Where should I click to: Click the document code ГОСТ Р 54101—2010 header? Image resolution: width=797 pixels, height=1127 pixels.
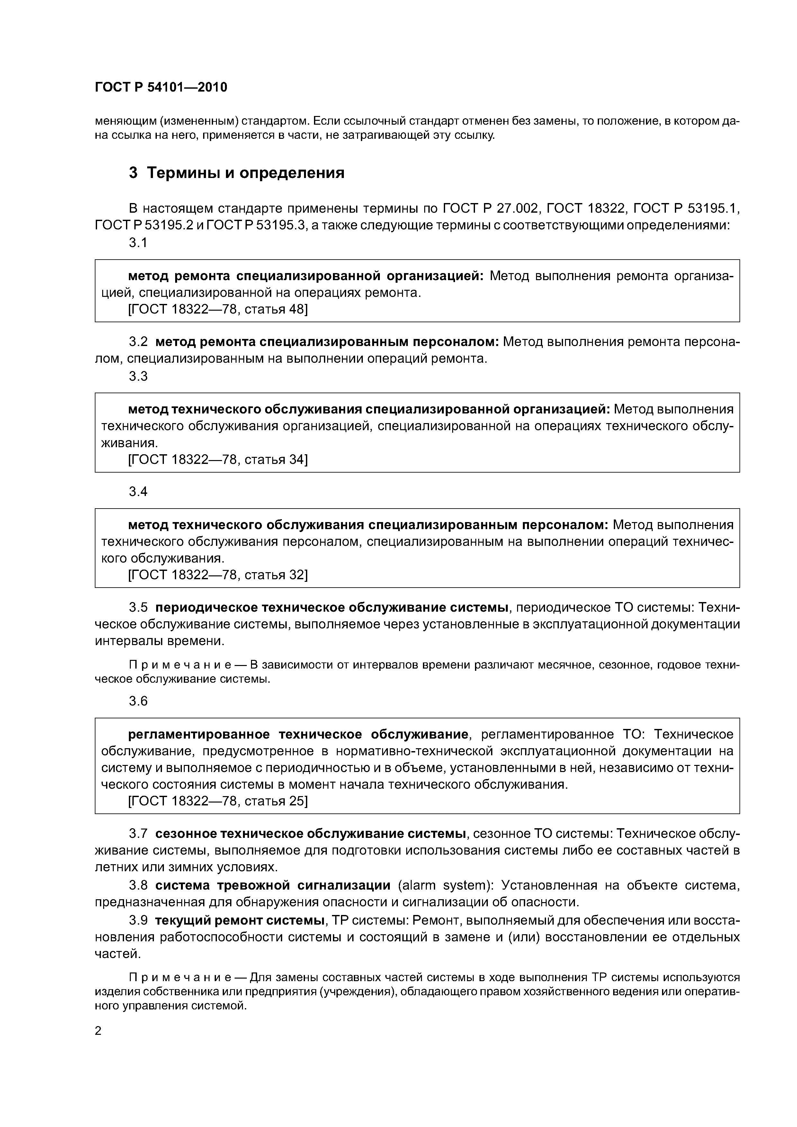coord(161,87)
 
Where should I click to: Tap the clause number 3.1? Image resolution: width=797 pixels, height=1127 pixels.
coord(138,243)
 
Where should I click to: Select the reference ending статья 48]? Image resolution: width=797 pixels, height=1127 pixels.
coord(218,309)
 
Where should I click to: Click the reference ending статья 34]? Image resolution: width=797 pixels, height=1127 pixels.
coord(218,459)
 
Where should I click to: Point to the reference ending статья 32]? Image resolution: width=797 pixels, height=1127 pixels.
coord(218,575)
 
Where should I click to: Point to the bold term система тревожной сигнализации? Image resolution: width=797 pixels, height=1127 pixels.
coord(273,885)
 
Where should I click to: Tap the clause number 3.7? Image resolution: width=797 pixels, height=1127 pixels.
coord(138,833)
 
